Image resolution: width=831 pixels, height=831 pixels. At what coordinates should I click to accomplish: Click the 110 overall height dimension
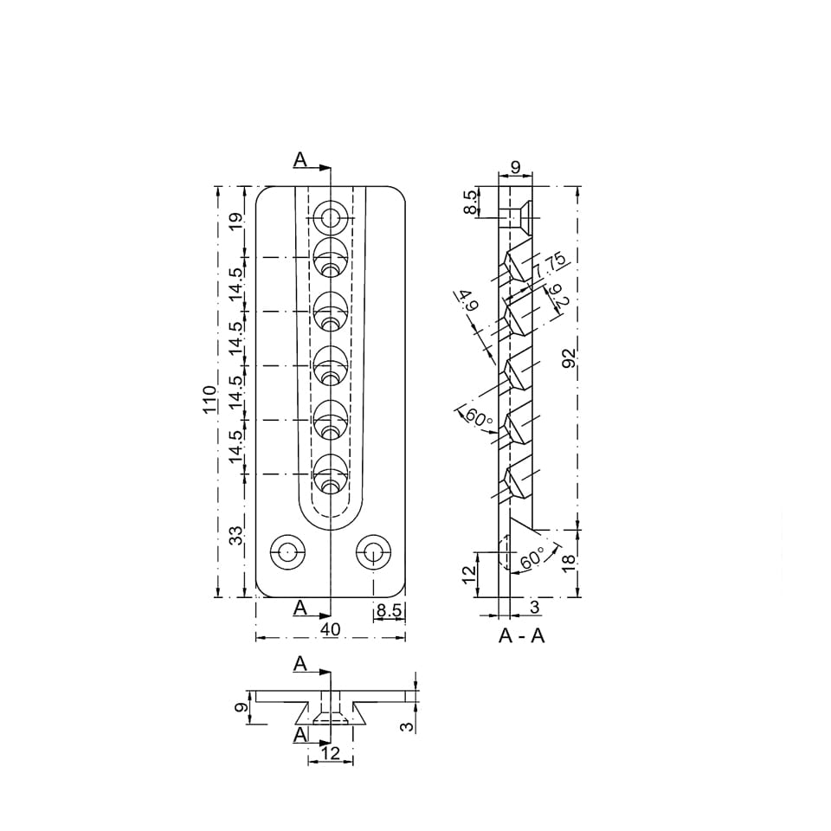[209, 400]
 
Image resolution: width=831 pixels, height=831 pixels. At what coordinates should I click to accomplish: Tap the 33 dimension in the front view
[236, 535]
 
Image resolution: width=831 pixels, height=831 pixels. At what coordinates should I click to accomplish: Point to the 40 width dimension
[330, 629]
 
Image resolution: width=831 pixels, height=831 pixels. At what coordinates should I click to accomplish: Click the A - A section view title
[521, 635]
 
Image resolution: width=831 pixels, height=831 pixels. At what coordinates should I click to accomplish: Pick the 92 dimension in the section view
[570, 358]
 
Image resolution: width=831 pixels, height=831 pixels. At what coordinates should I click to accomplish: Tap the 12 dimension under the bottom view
[330, 753]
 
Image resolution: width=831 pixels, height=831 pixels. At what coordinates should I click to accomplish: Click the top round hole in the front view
[332, 217]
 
